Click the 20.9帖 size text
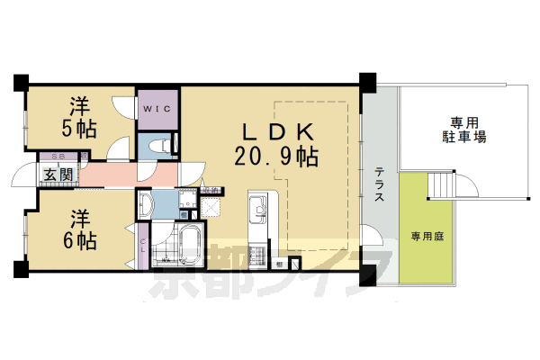[275, 158]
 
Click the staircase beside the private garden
[444, 184]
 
